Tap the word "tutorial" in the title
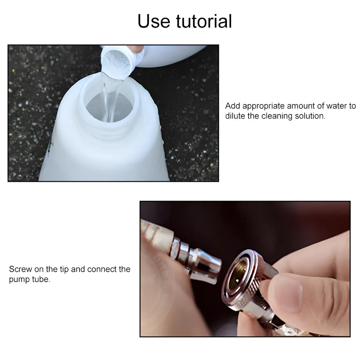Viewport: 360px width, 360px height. click(x=204, y=21)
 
